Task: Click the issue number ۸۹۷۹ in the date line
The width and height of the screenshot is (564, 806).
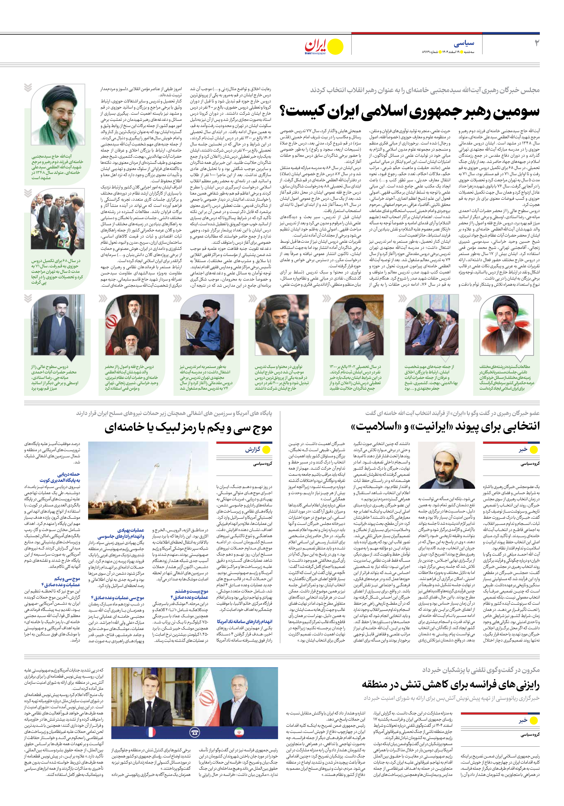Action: (428, 52)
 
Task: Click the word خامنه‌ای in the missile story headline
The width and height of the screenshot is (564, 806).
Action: (124, 427)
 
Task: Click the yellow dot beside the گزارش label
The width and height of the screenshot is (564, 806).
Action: (266, 450)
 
